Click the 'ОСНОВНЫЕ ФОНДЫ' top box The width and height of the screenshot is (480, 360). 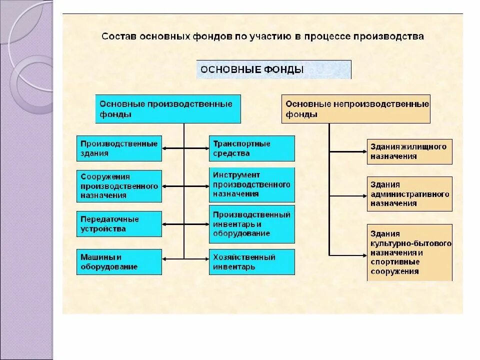[273, 69]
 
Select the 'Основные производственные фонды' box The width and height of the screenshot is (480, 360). [168, 109]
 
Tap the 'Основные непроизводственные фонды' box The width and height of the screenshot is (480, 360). [355, 109]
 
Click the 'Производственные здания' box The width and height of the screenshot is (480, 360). [119, 148]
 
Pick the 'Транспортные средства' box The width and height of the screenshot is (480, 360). [251, 148]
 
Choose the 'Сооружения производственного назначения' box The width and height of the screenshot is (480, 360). [119, 186]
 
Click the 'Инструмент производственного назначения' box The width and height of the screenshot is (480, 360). [251, 184]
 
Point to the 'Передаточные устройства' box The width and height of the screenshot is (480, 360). [119, 224]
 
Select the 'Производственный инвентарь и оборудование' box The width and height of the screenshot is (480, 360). [251, 223]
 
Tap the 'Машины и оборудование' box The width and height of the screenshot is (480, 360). [119, 261]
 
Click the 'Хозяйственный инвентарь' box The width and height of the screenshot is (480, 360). [251, 261]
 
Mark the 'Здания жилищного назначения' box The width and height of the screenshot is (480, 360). [409, 151]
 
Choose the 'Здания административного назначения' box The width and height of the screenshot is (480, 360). [409, 194]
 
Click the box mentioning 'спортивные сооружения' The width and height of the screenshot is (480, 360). [409, 252]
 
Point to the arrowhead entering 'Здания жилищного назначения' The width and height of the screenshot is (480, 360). [364, 151]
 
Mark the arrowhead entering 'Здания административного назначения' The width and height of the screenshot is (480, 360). [364, 196]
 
